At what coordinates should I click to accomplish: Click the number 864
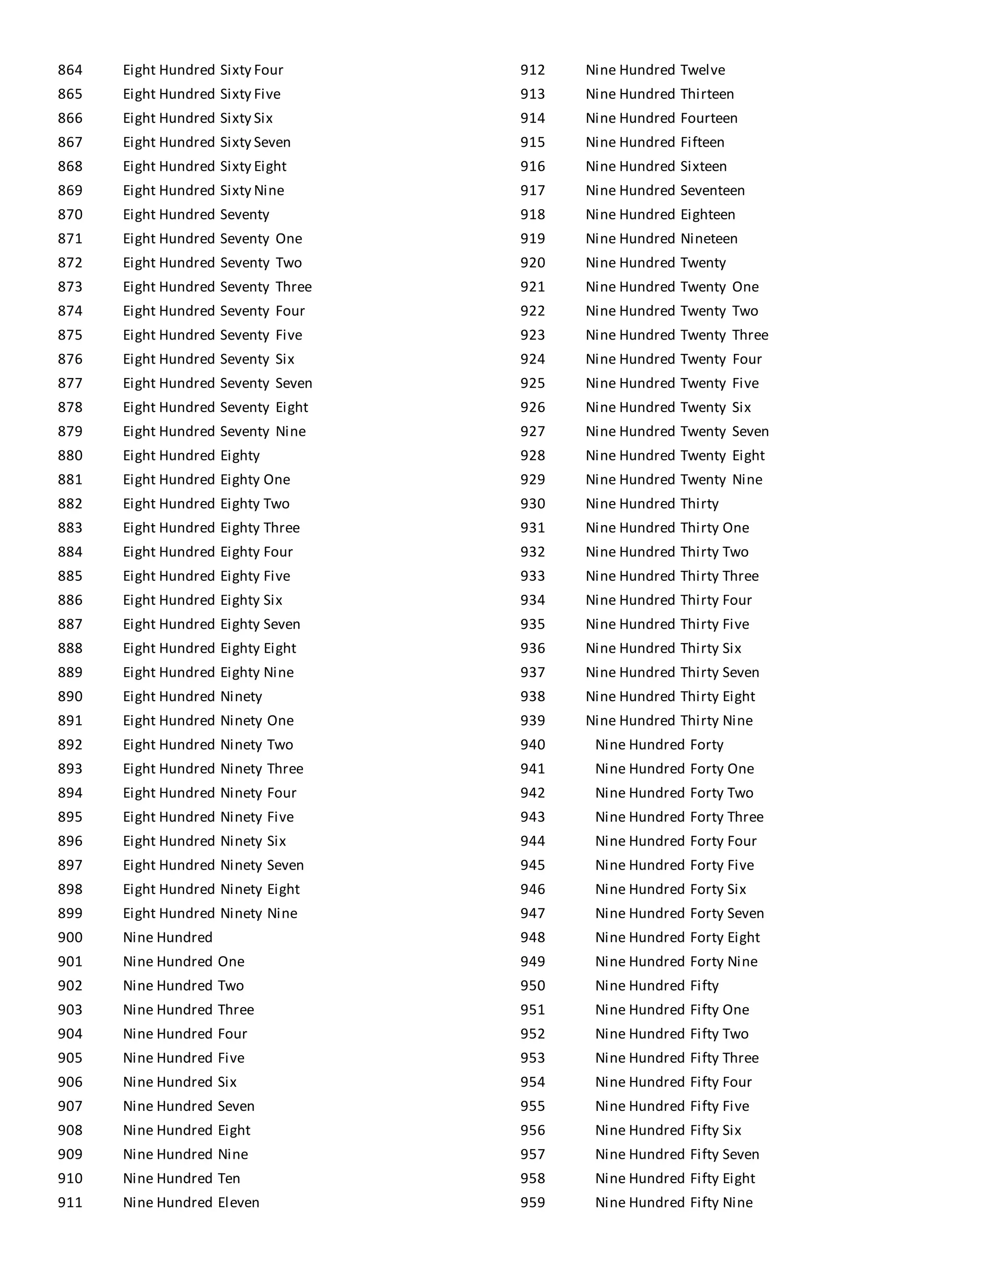pyautogui.click(x=70, y=71)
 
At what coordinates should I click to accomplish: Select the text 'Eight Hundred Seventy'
pyautogui.click(x=196, y=215)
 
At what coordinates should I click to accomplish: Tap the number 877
pyautogui.click(x=70, y=384)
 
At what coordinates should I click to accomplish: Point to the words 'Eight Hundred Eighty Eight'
pyautogui.click(x=210, y=648)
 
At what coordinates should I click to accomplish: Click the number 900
pyautogui.click(x=70, y=938)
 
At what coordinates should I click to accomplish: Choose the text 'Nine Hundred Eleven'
pyautogui.click(x=191, y=1202)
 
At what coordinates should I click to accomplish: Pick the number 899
pyautogui.click(x=70, y=913)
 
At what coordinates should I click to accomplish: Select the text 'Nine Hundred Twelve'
pyautogui.click(x=655, y=71)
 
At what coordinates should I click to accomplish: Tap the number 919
pyautogui.click(x=532, y=238)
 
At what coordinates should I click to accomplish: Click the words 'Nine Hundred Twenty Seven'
pyautogui.click(x=677, y=432)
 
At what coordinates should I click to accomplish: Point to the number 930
pyautogui.click(x=532, y=504)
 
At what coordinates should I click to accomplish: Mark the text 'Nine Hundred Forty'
pyautogui.click(x=659, y=745)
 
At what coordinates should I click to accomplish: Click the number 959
pyautogui.click(x=532, y=1202)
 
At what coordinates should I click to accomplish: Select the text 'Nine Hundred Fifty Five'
pyautogui.click(x=672, y=1106)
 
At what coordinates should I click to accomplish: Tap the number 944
pyautogui.click(x=532, y=841)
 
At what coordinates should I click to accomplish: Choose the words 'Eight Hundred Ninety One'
pyautogui.click(x=208, y=720)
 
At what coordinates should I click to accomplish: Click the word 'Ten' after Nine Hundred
pyautogui.click(x=229, y=1178)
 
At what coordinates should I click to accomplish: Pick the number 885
pyautogui.click(x=70, y=576)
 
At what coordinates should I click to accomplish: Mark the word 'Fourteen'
pyautogui.click(x=709, y=119)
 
